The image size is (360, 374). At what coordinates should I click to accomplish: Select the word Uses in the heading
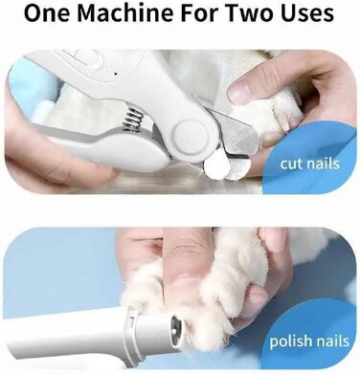(307, 12)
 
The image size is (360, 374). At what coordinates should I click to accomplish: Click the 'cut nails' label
(309, 164)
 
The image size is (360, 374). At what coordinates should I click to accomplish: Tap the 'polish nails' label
(309, 341)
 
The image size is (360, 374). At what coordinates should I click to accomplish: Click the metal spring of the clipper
(132, 120)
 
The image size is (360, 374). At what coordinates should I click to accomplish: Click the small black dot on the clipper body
(116, 74)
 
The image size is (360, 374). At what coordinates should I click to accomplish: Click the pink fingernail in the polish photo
(273, 238)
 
